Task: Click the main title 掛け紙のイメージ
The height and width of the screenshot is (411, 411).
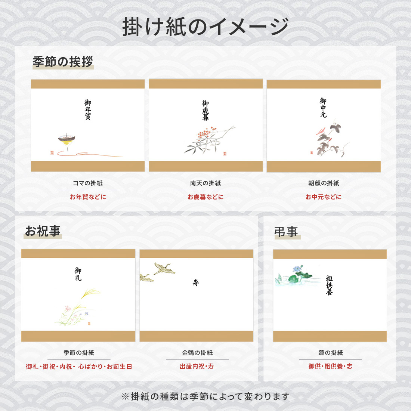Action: click(205, 27)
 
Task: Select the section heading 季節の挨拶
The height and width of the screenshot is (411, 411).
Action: click(63, 62)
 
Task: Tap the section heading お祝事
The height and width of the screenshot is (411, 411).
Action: click(43, 231)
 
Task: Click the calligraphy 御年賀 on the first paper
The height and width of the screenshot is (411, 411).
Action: click(88, 109)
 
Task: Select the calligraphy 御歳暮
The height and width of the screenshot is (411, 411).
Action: click(205, 110)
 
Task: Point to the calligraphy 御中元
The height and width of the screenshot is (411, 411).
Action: click(323, 108)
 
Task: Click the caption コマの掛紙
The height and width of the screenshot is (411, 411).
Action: click(88, 183)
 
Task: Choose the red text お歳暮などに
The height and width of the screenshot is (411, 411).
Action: click(205, 197)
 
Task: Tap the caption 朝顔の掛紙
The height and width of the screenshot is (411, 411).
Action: click(324, 183)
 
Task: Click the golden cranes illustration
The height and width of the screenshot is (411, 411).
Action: click(157, 272)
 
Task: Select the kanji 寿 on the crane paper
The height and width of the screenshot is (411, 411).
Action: click(196, 282)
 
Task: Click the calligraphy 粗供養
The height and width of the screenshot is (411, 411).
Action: click(329, 285)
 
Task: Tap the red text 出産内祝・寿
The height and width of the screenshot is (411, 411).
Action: click(197, 366)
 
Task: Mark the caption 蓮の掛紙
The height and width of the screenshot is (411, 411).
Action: click(331, 353)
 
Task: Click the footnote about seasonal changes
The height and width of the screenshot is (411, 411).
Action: click(205, 396)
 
